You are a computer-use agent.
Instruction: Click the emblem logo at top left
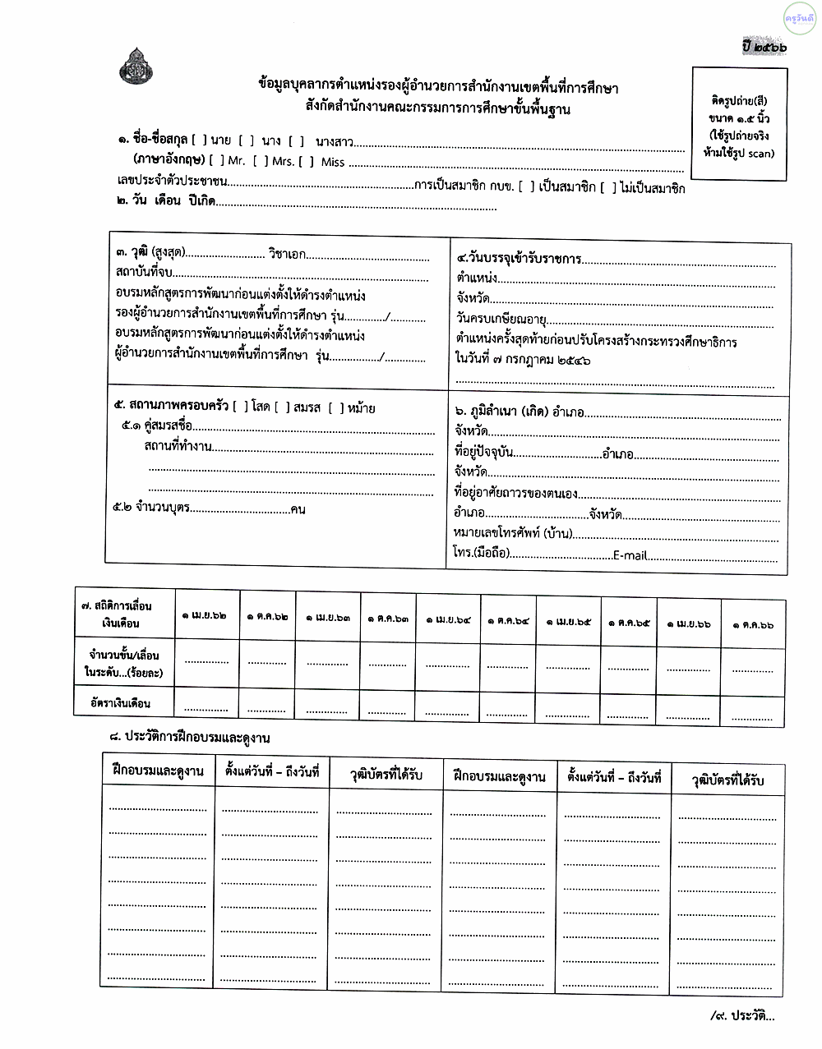136,67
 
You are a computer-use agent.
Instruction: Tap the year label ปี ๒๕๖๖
764,47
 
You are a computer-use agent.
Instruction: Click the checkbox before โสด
240,407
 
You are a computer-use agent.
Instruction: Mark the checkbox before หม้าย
335,407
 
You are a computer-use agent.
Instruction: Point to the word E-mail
630,555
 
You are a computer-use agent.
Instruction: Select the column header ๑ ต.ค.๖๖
753,624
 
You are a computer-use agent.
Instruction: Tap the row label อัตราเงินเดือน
121,703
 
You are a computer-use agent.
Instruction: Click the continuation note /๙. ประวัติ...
742,1016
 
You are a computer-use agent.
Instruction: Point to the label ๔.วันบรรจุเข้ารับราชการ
519,259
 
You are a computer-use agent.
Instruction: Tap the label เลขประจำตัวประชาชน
172,181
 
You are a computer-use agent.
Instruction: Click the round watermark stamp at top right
799,17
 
